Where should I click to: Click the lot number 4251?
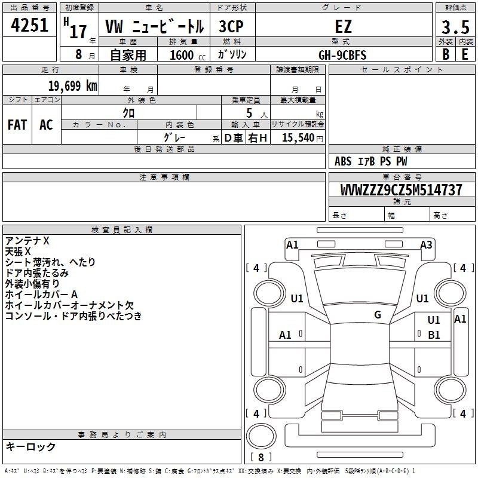[x=29, y=27]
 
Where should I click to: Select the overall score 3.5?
[x=454, y=27]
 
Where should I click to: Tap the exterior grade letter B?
[x=445, y=54]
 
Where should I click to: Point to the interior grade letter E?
[x=465, y=54]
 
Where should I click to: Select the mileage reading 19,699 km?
[x=72, y=85]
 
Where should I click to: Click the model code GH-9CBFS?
[x=342, y=55]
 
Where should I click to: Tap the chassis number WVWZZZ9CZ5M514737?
[x=401, y=190]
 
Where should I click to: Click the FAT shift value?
[x=17, y=125]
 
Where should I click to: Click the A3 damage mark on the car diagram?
[x=426, y=244]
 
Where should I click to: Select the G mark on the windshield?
[x=378, y=315]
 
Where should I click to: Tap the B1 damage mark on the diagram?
[x=434, y=335]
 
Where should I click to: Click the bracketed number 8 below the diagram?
[x=261, y=458]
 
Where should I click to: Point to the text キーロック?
[x=30, y=447]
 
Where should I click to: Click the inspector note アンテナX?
[x=27, y=241]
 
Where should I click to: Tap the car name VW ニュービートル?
[x=154, y=27]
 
